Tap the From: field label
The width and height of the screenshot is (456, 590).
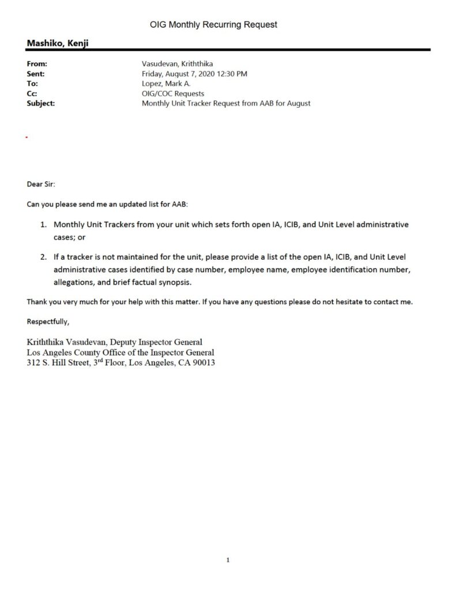point(37,64)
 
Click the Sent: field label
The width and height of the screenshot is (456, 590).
point(36,74)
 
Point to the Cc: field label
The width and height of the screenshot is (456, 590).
point(33,93)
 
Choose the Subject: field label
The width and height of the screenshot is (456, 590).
point(41,104)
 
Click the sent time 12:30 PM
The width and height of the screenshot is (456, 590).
point(235,74)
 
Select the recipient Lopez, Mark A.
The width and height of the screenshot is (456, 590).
point(164,84)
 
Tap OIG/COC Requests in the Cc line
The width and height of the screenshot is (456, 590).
point(172,93)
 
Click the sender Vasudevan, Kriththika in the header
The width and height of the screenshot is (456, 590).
point(178,64)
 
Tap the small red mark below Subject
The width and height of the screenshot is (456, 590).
point(27,137)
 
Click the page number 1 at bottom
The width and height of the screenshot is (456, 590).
point(228,559)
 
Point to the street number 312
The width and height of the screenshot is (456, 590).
point(34,363)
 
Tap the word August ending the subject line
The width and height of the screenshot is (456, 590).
point(297,104)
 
